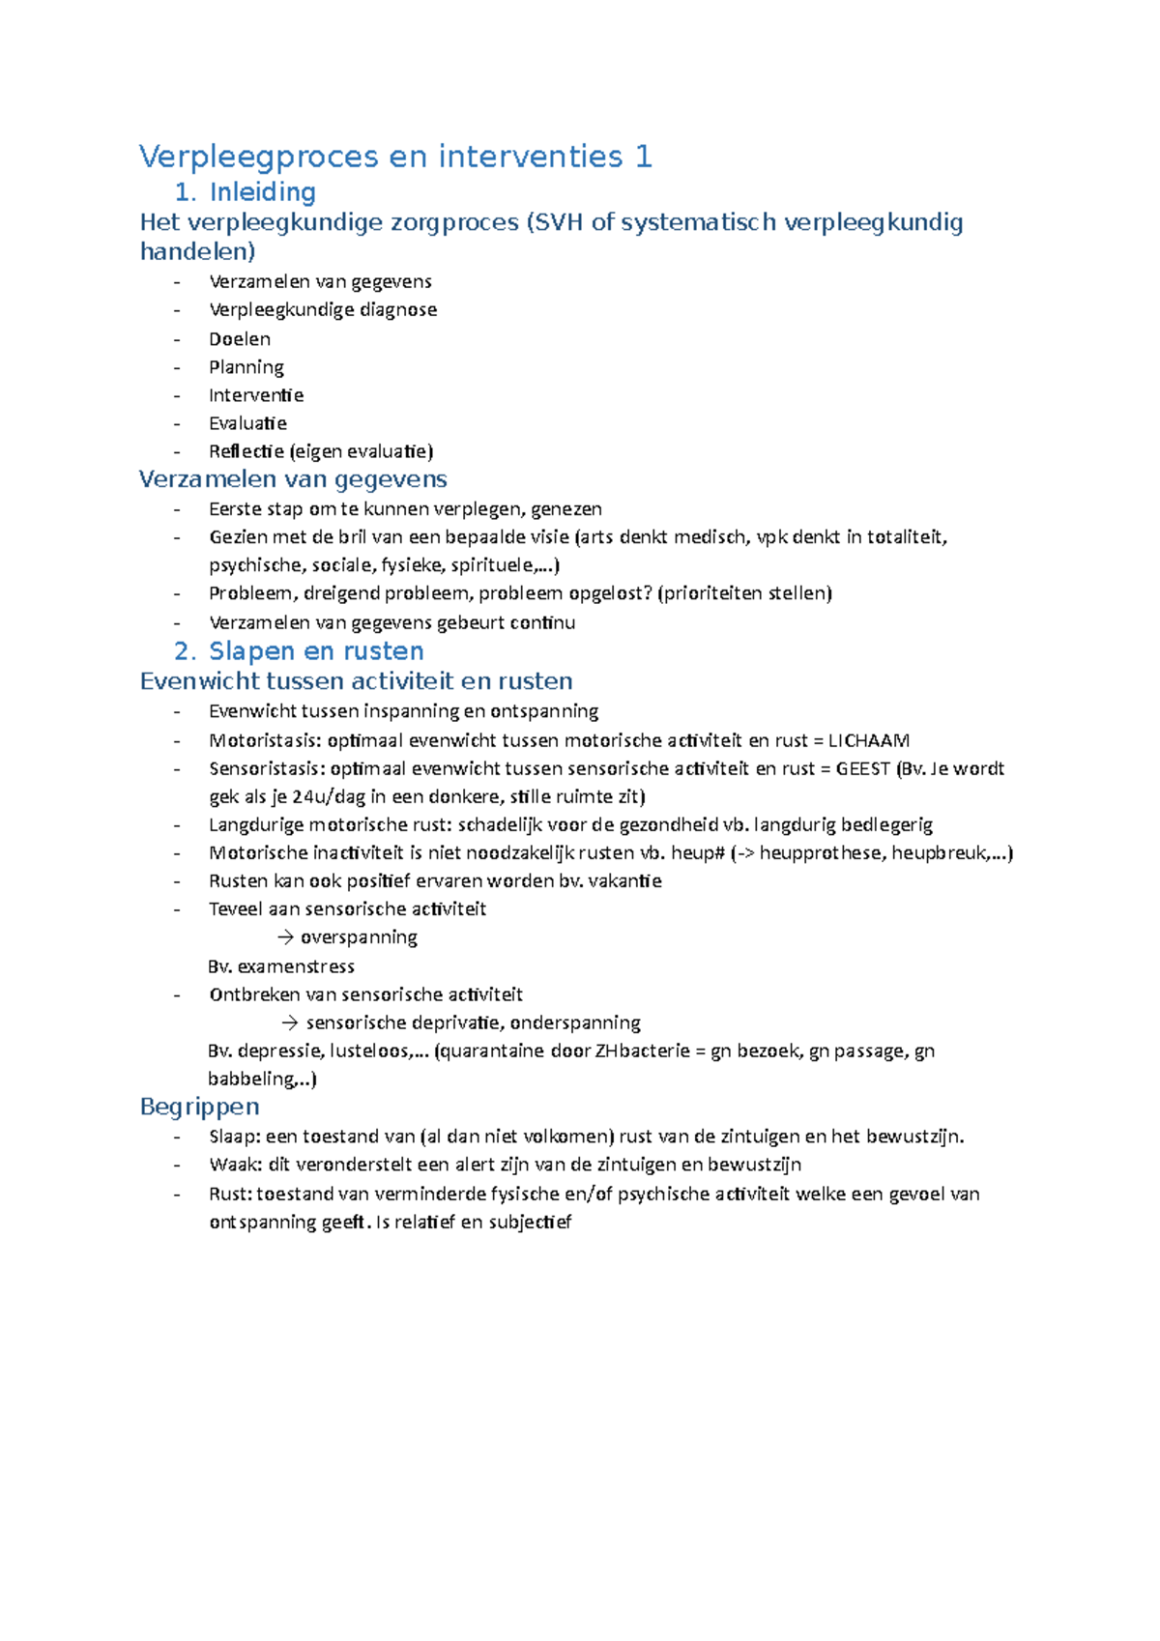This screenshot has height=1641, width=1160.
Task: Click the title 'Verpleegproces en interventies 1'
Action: pyautogui.click(x=395, y=157)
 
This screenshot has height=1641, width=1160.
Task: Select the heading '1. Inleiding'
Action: pyautogui.click(x=245, y=191)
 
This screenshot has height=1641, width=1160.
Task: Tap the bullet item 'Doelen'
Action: pyautogui.click(x=239, y=339)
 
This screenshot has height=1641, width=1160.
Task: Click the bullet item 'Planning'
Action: pyautogui.click(x=246, y=367)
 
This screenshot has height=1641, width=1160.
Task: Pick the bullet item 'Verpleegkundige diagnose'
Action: pyautogui.click(x=322, y=310)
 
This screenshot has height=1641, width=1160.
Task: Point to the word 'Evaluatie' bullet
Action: pyautogui.click(x=247, y=423)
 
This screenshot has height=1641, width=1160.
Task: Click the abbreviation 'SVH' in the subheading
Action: pyautogui.click(x=557, y=222)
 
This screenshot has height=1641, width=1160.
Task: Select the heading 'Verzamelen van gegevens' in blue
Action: pyautogui.click(x=293, y=479)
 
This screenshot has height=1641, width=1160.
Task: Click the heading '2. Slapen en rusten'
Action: pyautogui.click(x=299, y=650)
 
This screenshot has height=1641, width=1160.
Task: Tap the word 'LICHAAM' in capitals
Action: pyautogui.click(x=868, y=741)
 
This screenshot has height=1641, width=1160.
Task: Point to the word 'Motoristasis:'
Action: pyautogui.click(x=265, y=741)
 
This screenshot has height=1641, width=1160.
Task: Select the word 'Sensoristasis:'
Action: pyautogui.click(x=267, y=769)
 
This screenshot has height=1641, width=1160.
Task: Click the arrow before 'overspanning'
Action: pyautogui.click(x=285, y=937)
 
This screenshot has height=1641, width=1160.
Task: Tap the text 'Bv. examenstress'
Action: pyautogui.click(x=280, y=966)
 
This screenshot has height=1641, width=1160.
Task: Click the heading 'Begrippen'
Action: pyautogui.click(x=199, y=1107)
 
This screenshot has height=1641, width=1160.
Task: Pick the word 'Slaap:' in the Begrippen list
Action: pyautogui.click(x=233, y=1137)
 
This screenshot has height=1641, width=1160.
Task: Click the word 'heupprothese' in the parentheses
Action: pyautogui.click(x=821, y=853)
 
